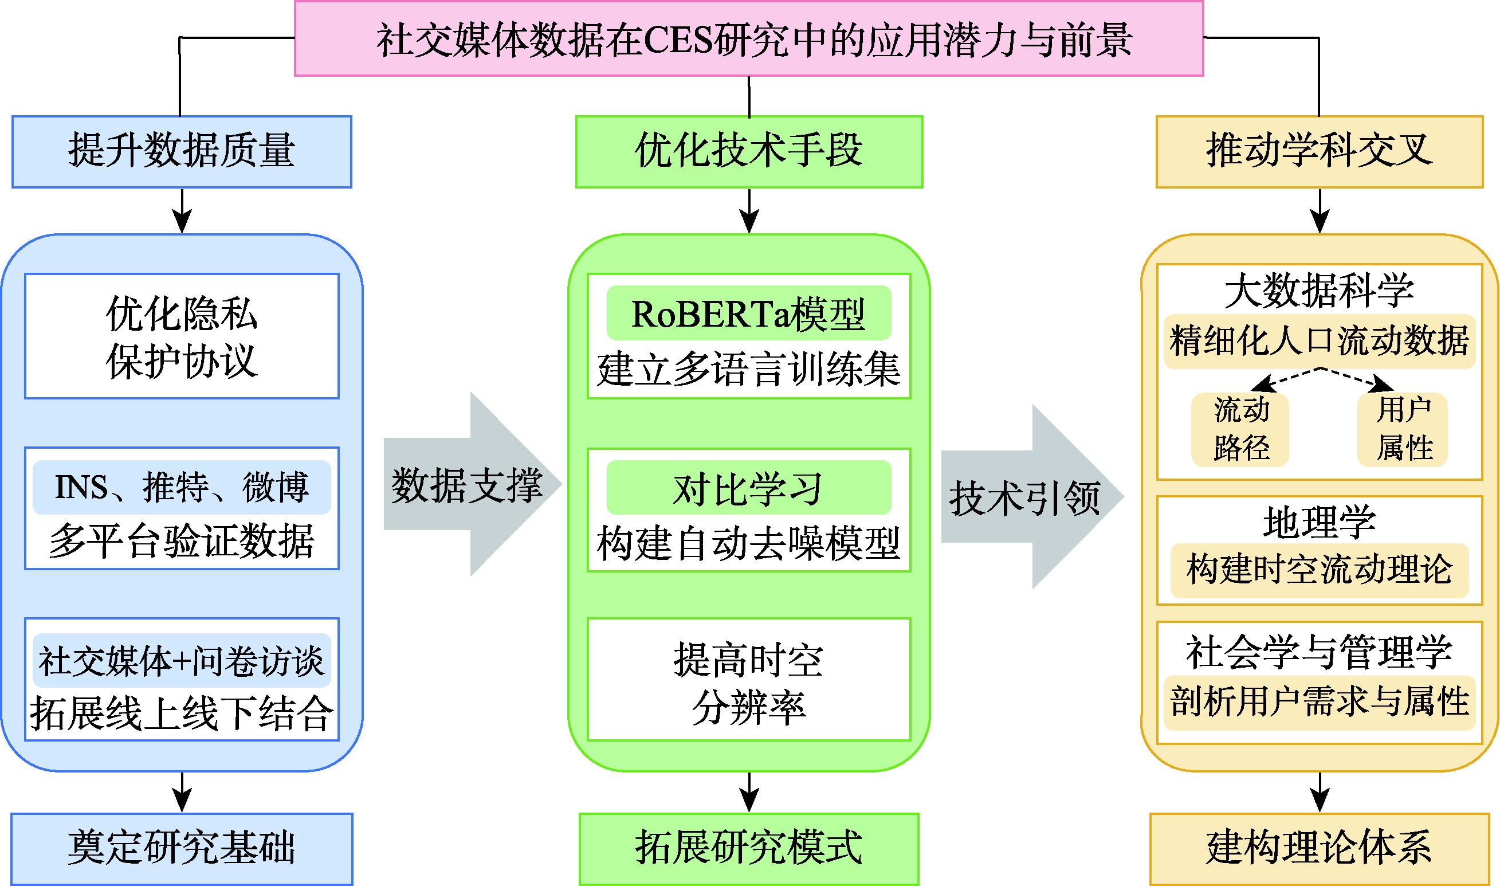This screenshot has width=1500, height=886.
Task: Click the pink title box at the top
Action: pos(748,39)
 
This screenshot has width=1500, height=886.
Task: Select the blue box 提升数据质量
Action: pos(182,152)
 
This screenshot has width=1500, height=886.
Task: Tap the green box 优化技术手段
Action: pos(748,152)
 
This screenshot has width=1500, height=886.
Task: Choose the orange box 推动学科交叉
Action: pos(1319,152)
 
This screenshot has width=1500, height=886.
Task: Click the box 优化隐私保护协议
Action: pos(182,336)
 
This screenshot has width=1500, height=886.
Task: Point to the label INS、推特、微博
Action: pos(182,487)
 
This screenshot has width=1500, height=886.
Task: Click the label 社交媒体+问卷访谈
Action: pos(182,660)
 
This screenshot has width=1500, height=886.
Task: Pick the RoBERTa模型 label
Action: pos(748,313)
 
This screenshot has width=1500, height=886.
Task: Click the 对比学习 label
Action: pos(748,488)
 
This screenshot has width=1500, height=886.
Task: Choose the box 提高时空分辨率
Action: pos(748,683)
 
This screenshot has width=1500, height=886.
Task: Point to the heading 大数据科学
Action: pos(1319,291)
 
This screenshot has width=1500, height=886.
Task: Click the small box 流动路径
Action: pos(1240,429)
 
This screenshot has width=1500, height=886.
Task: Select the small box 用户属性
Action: pos(1403,429)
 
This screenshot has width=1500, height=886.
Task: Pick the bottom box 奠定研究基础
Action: pos(182,848)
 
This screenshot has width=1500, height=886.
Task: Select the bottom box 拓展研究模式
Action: pos(748,848)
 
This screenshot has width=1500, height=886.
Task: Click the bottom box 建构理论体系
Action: pos(1319,848)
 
